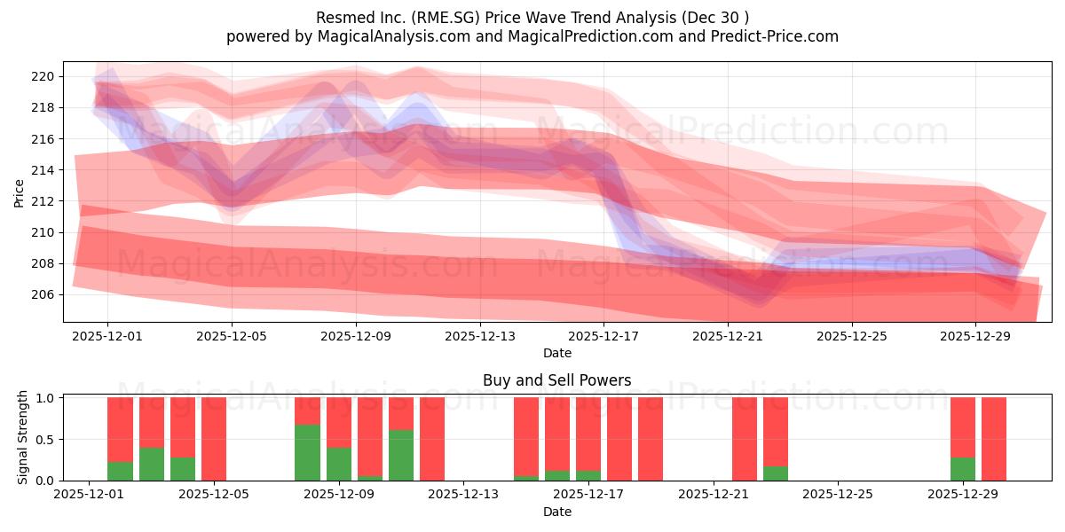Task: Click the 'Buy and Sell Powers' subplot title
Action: point(556,380)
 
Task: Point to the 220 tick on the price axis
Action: point(43,76)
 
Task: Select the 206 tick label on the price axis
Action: point(43,294)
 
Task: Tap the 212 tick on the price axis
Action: point(43,201)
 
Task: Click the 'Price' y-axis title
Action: point(20,192)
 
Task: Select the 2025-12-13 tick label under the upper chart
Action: point(479,336)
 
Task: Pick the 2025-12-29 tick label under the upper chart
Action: point(975,336)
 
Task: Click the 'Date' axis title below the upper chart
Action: point(556,353)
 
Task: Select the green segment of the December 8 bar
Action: point(307,452)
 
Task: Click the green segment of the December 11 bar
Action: point(401,455)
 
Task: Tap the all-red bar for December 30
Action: point(994,439)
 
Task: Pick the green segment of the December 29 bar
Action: point(963,469)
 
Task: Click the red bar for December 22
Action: point(745,439)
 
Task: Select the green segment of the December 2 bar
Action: point(120,471)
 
